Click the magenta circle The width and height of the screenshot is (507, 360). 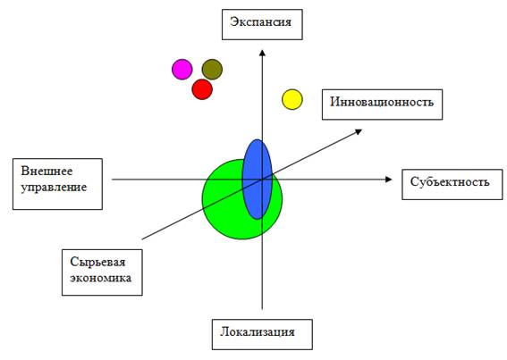[x=182, y=69]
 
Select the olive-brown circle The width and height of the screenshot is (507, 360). [x=212, y=69]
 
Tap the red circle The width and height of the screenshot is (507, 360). [x=202, y=89]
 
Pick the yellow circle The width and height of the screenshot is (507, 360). [x=292, y=99]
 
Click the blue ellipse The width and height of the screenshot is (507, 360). [x=258, y=179]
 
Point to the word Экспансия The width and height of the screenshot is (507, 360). [x=260, y=22]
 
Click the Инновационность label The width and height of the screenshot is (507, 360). [x=382, y=102]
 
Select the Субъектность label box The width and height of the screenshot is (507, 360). [x=452, y=184]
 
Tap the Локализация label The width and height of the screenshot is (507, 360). [x=258, y=332]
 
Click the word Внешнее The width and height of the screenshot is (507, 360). [x=46, y=171]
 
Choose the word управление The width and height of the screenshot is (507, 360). [x=54, y=188]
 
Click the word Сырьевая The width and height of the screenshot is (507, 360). [x=97, y=262]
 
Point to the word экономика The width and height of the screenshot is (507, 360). [x=101, y=278]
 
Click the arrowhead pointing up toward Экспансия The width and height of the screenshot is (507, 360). [x=262, y=53]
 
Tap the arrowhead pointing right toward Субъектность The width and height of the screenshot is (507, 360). [x=389, y=180]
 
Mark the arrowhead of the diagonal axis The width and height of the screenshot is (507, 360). [x=359, y=131]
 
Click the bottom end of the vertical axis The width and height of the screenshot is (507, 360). [x=262, y=309]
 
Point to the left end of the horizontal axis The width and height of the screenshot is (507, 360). [x=112, y=180]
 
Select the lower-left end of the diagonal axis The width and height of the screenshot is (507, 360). [x=142, y=239]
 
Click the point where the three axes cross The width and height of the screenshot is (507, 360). [x=262, y=180]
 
